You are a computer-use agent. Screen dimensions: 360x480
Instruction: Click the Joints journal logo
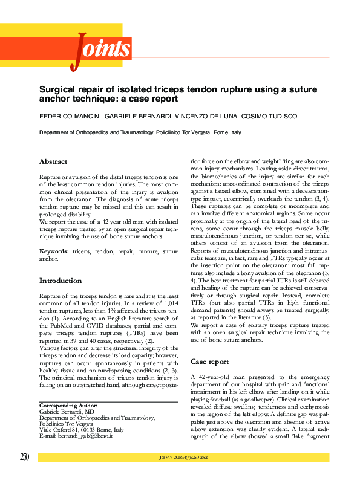tap(102, 48)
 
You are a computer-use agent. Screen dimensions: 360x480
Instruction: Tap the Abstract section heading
tap(53, 161)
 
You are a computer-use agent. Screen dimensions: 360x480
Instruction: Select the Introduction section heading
tap(61, 281)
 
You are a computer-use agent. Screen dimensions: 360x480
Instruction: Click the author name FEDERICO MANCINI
tap(65, 115)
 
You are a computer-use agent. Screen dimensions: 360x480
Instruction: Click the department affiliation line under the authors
tap(140, 132)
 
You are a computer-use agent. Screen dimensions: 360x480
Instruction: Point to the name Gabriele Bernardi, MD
tap(67, 411)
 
